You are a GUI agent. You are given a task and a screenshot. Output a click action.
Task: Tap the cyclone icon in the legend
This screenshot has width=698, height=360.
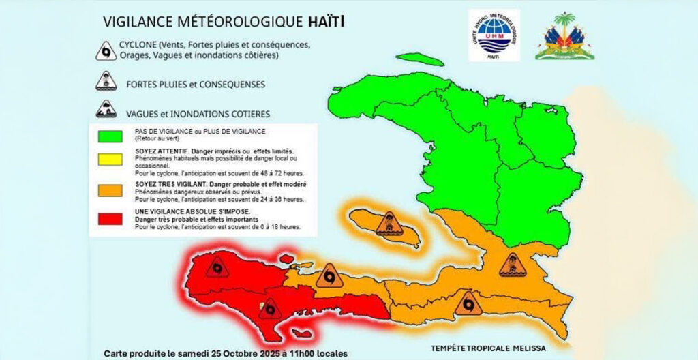[106, 51]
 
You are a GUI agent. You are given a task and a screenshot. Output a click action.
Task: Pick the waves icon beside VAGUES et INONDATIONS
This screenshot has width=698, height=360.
[106, 111]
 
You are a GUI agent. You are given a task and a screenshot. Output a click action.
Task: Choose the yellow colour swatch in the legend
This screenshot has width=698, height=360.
[110, 159]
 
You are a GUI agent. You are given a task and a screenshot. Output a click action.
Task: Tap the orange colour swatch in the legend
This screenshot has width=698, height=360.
[110, 192]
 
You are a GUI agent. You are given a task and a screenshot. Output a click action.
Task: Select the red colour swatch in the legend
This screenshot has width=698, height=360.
[110, 220]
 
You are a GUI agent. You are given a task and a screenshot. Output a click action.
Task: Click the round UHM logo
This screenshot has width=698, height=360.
[494, 35]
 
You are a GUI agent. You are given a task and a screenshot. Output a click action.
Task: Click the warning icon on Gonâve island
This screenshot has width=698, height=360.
[389, 224]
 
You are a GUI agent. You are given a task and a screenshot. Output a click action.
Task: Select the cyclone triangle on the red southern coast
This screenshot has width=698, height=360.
[271, 309]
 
